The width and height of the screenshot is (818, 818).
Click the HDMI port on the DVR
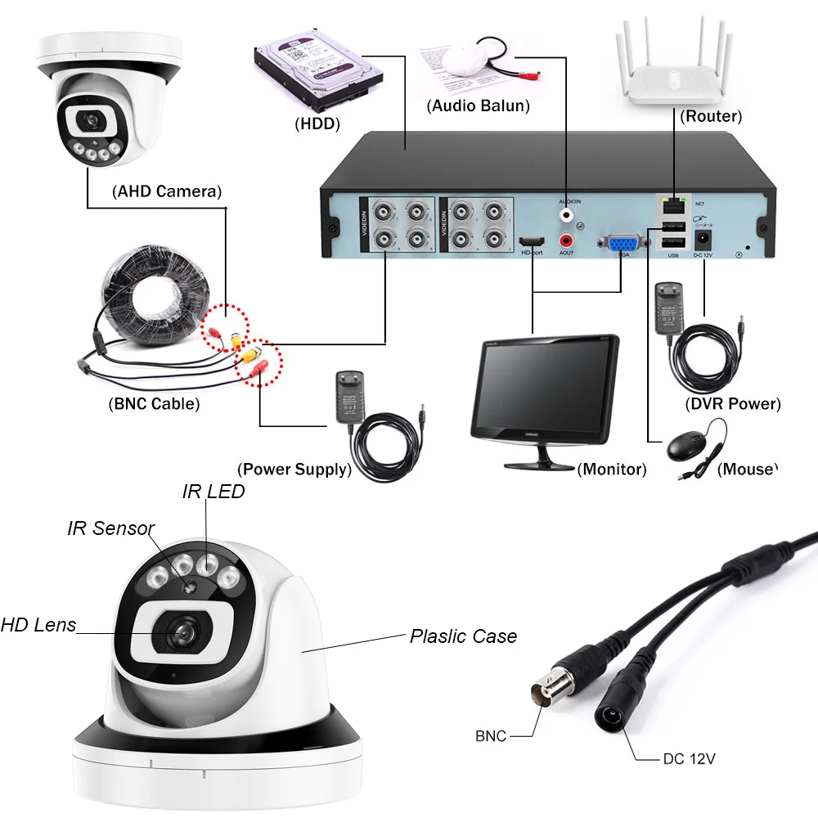tap(533, 242)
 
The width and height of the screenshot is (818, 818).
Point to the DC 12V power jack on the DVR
tap(702, 240)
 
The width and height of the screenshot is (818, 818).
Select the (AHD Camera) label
tap(165, 192)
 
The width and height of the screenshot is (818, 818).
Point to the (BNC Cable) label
tap(154, 403)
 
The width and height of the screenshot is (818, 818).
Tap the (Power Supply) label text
tap(294, 470)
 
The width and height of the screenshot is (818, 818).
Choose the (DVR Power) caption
tap(732, 404)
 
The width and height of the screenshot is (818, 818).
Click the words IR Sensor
tap(110, 528)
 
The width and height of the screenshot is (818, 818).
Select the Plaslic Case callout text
tap(463, 636)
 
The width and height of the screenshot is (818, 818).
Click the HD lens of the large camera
tap(180, 630)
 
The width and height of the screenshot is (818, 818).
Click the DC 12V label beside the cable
tap(689, 759)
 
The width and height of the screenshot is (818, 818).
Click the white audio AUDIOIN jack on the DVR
tap(566, 215)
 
